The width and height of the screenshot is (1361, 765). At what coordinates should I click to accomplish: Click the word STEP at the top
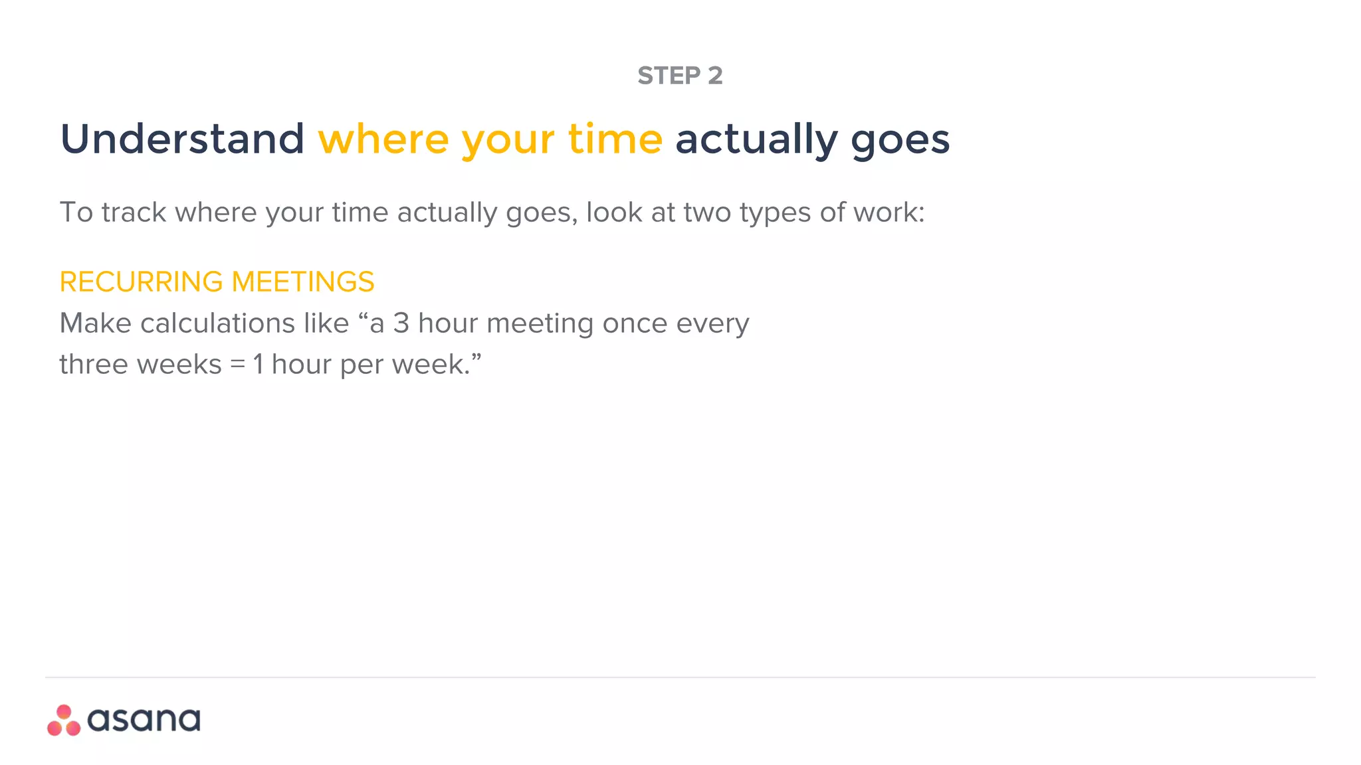(669, 76)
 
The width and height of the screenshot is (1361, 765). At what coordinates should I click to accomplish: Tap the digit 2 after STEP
(715, 76)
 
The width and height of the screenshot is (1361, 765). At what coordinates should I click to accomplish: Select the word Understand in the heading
(182, 139)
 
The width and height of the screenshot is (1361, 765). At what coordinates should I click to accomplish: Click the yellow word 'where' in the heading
(383, 139)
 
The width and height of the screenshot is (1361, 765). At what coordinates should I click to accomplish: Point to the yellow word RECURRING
(141, 282)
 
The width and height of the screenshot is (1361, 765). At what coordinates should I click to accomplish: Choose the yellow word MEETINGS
(303, 282)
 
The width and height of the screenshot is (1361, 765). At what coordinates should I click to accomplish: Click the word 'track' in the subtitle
(134, 212)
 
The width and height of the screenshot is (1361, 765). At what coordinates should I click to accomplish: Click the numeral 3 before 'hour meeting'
(401, 323)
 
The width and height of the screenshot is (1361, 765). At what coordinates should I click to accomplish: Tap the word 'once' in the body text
(635, 323)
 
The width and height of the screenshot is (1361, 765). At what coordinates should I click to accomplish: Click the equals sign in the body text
(238, 365)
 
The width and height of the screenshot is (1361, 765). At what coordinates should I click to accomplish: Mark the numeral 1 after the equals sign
(259, 365)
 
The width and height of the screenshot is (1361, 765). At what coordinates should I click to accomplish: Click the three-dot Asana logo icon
(64, 721)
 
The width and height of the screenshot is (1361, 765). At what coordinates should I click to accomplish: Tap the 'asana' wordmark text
(144, 720)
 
